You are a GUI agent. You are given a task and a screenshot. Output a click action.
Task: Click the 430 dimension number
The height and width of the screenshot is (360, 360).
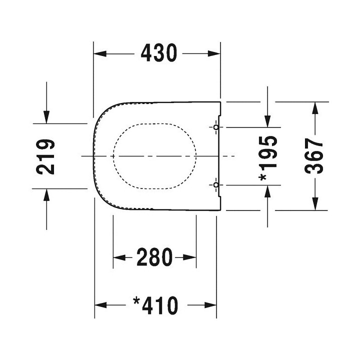point(158,52)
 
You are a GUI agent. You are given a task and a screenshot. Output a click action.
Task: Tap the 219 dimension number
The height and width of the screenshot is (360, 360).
point(46,156)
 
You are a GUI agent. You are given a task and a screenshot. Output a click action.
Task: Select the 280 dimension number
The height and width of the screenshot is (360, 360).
point(155,257)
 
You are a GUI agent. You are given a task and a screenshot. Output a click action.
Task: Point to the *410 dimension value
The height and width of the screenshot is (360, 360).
point(155,305)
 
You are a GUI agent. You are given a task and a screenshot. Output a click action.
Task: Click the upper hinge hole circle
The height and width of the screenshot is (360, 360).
point(216,127)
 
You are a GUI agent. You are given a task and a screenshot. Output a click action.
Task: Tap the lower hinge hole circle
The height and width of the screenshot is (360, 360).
point(216,185)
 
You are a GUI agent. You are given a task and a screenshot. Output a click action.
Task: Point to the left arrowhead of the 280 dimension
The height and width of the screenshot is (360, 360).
point(118,257)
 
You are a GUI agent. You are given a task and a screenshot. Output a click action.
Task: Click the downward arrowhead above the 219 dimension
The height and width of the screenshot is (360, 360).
point(46,118)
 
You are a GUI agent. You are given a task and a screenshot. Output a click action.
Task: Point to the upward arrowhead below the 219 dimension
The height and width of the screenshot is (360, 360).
point(46,193)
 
